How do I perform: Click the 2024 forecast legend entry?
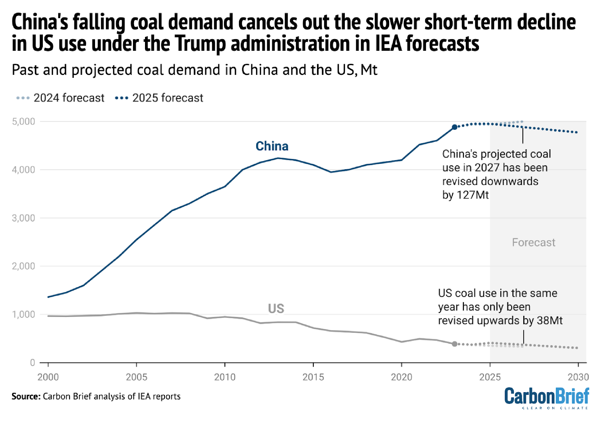point(60,98)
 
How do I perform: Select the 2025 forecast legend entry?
point(159,98)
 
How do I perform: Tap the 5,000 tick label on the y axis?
point(24,121)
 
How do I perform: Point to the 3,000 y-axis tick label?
point(24,218)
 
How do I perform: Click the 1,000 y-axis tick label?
point(24,314)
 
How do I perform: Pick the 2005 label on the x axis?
point(136,377)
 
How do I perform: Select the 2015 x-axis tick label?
point(313,377)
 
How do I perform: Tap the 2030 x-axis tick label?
point(578,377)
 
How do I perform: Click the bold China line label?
point(272,146)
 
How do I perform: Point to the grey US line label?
point(276,309)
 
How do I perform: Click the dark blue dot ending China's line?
point(455,127)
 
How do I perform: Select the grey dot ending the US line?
point(455,344)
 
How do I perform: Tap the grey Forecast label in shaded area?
point(533,243)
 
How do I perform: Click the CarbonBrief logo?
point(547,398)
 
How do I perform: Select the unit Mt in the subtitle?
point(369,70)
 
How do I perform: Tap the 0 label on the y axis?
point(32,363)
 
